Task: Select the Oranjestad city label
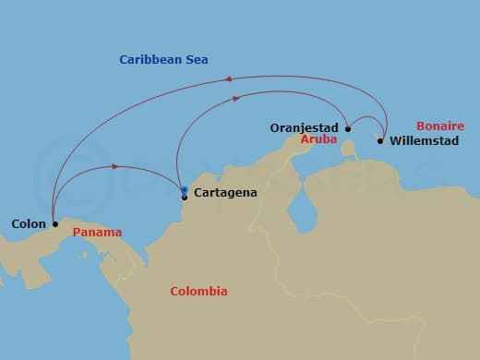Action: click(306, 127)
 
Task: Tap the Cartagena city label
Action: click(225, 193)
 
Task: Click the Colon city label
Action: click(29, 223)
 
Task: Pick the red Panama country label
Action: click(97, 232)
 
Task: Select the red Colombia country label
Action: click(198, 292)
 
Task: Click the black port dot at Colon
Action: click(55, 223)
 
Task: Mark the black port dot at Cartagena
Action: click(185, 197)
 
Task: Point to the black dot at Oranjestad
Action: click(348, 129)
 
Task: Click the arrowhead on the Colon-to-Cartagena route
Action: click(115, 167)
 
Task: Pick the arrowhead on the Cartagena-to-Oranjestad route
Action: click(237, 98)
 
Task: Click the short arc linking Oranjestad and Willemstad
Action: click(366, 118)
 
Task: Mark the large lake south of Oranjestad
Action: click(301, 214)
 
